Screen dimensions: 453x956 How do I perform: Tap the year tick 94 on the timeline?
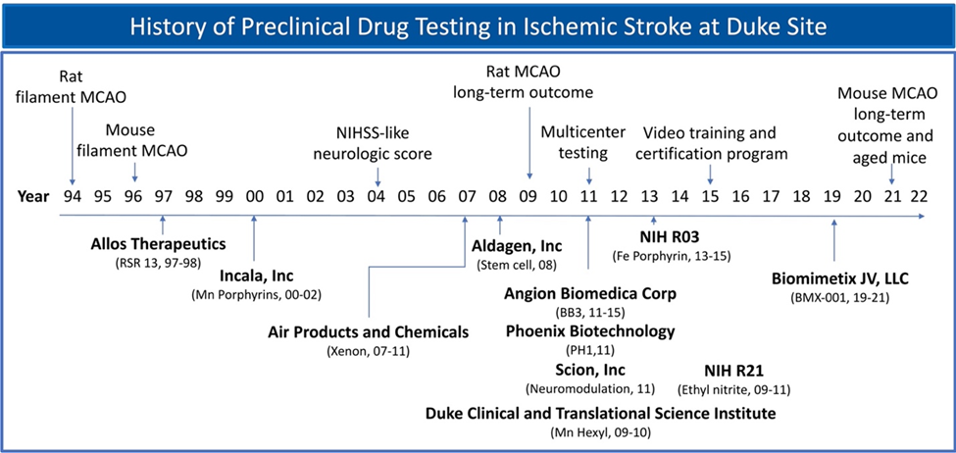(73, 196)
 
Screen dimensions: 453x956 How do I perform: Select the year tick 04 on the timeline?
(377, 196)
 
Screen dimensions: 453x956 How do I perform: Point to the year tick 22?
(919, 196)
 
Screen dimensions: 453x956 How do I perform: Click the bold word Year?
(32, 196)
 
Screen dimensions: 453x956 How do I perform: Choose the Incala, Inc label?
(255, 275)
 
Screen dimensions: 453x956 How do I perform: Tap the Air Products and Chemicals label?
(368, 332)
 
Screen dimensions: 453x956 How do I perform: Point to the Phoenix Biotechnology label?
(590, 331)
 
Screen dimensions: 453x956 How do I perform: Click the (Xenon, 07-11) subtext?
(368, 352)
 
